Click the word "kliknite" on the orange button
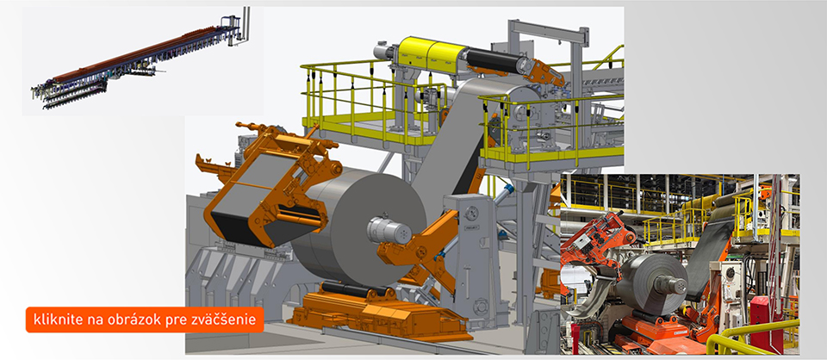(x=53, y=320)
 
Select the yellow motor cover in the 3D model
(x=432, y=53)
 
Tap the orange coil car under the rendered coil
(x=370, y=311)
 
